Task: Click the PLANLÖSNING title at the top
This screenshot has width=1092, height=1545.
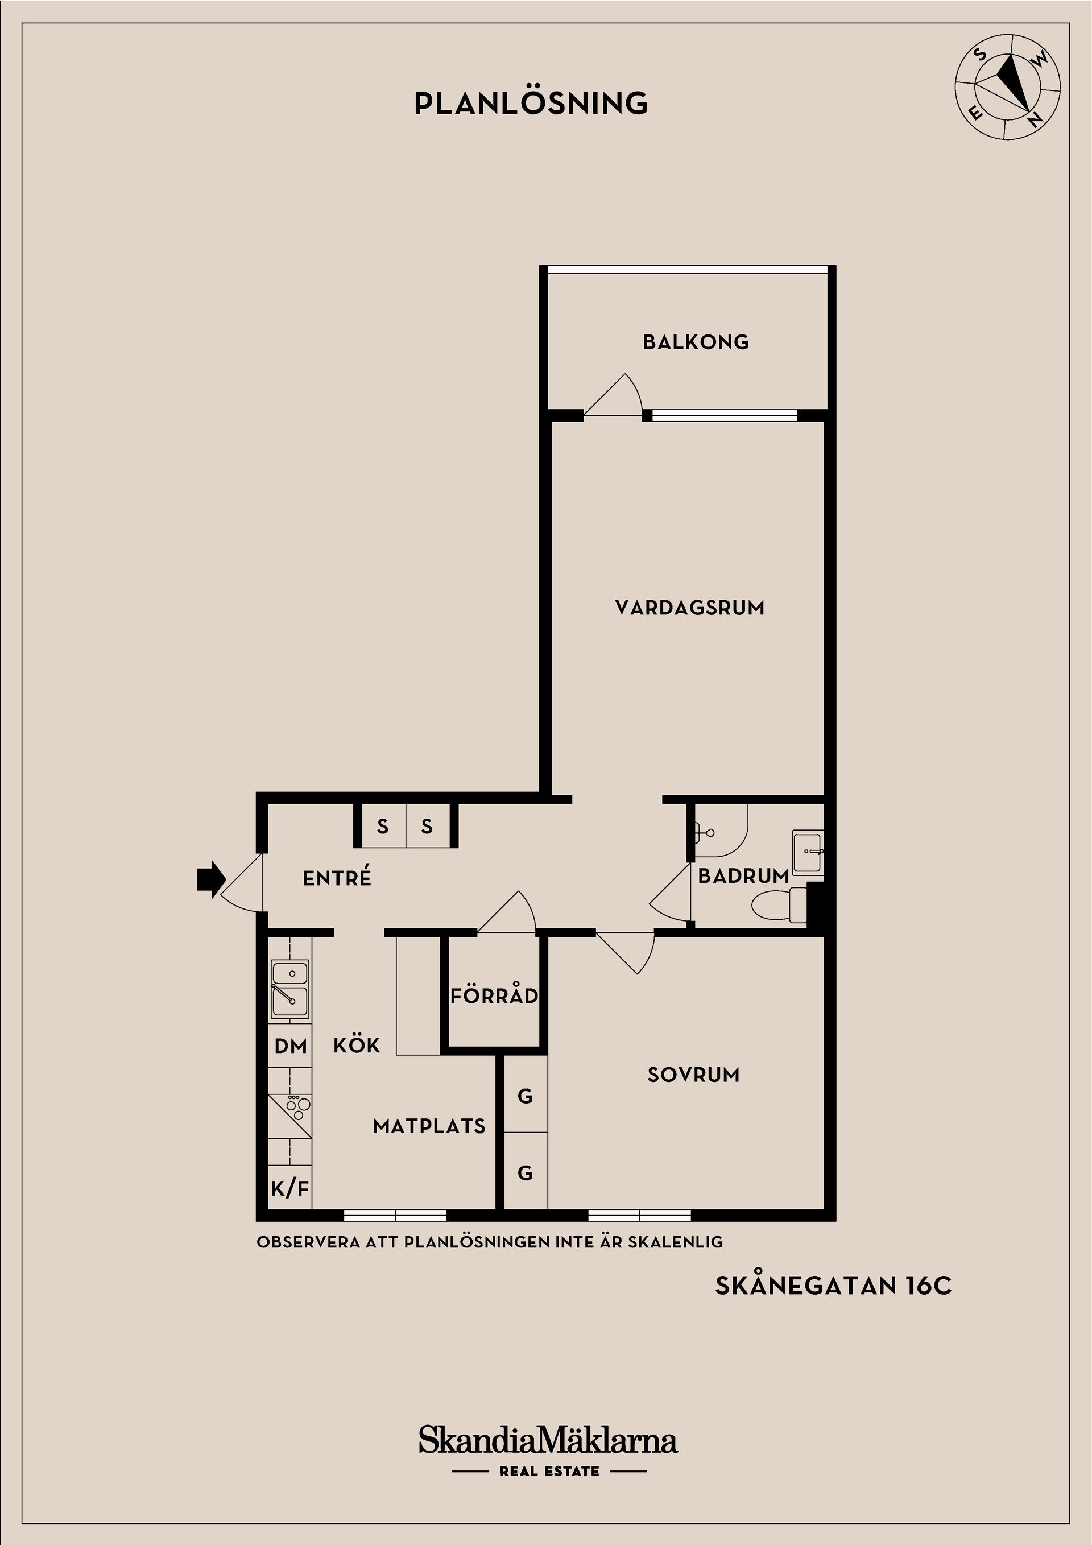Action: (x=531, y=103)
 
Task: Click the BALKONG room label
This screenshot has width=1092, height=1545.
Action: (x=696, y=342)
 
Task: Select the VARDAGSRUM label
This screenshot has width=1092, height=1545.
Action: (x=690, y=608)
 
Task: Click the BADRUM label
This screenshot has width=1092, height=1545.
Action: (x=743, y=875)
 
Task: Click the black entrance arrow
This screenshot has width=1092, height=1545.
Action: (x=209, y=879)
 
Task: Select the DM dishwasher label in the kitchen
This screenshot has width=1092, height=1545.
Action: (x=291, y=1046)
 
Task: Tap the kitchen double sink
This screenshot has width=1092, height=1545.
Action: (x=290, y=989)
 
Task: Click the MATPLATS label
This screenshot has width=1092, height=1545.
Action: (x=429, y=1126)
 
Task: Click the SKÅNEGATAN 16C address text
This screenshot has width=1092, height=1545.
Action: (x=834, y=1286)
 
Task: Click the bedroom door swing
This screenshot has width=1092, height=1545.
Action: (x=626, y=952)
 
